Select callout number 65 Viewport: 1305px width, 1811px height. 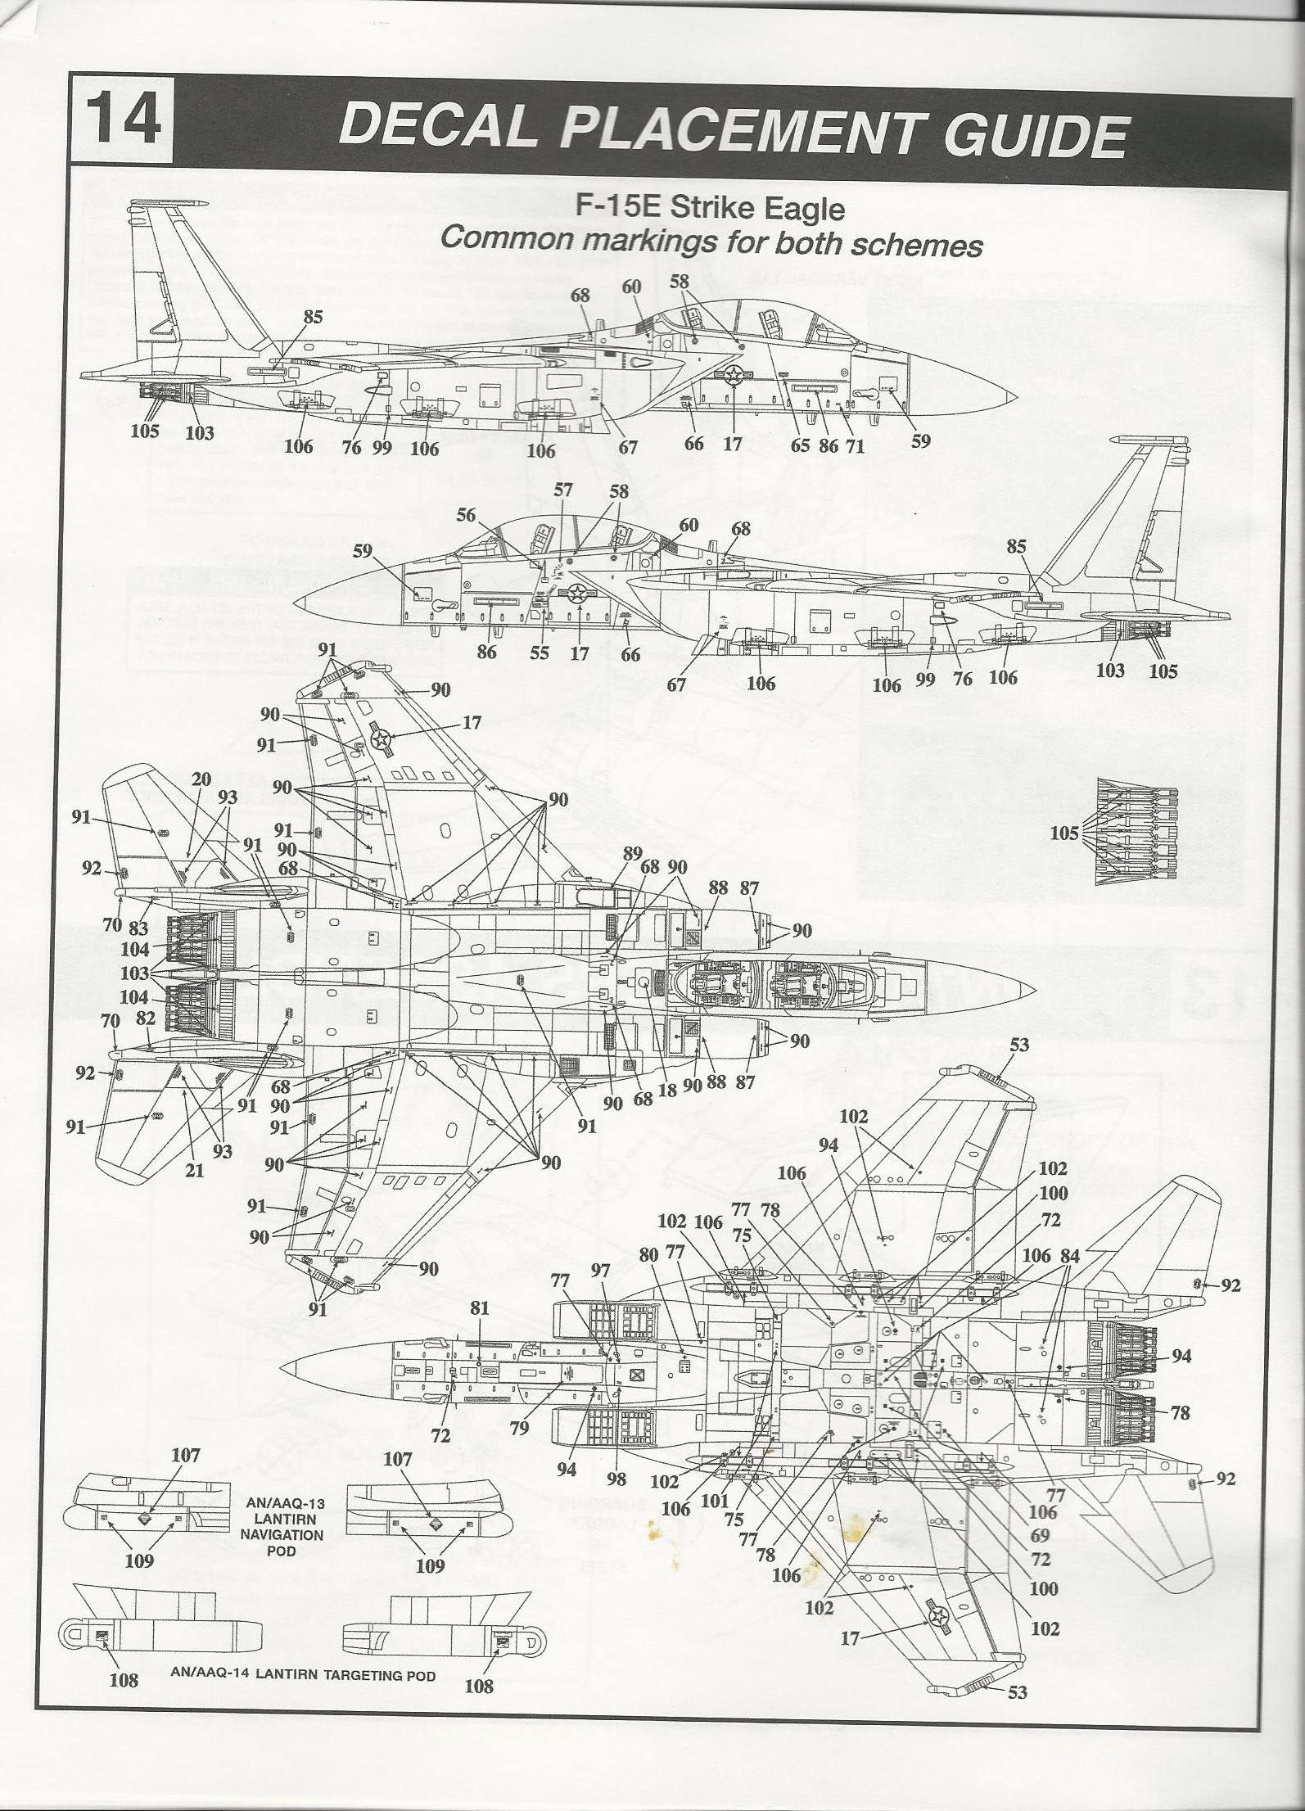pos(800,445)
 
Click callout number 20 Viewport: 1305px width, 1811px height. pos(201,780)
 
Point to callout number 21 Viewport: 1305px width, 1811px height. pos(193,1171)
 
